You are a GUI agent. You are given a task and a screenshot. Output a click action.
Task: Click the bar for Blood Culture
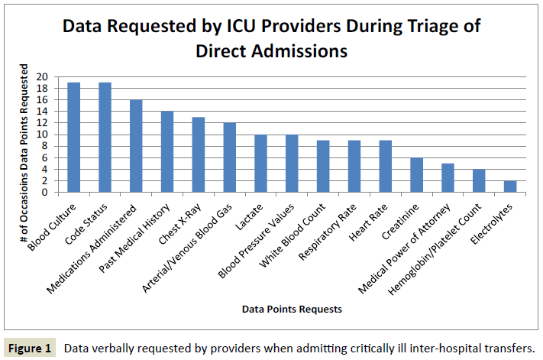click(73, 138)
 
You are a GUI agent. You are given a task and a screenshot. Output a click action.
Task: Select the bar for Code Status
click(105, 138)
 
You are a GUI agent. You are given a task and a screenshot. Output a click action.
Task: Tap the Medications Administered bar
click(136, 146)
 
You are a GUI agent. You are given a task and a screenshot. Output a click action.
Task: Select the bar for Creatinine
click(416, 175)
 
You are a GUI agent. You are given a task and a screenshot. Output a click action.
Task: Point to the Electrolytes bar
click(509, 186)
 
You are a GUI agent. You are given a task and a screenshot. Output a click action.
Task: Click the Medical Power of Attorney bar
click(448, 178)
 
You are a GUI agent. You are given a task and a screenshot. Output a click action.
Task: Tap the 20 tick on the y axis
click(42, 77)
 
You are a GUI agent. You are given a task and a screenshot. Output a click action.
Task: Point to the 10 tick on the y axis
click(42, 135)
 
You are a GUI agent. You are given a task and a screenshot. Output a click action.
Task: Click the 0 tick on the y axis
click(45, 193)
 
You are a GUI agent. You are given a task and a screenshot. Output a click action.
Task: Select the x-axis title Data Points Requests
click(291, 310)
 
